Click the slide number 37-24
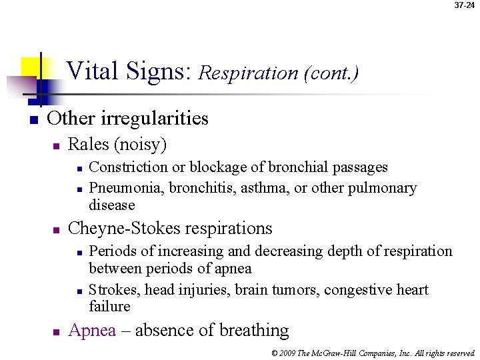click(465, 5)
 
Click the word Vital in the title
click(91, 70)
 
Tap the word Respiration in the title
click(248, 72)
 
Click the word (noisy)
click(140, 145)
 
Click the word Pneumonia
click(127, 188)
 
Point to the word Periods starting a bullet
click(111, 251)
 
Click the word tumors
click(294, 290)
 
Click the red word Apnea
click(92, 331)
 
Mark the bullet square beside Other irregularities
click(31, 120)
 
